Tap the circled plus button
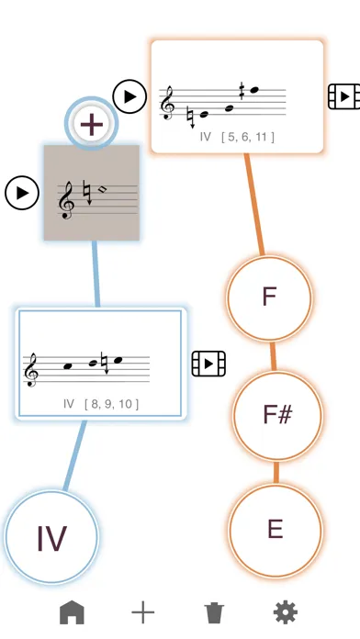[91, 122]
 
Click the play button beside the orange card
[129, 95]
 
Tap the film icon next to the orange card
[342, 95]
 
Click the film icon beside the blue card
[208, 364]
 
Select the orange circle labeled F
[269, 297]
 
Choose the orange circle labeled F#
[276, 413]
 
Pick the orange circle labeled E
[276, 530]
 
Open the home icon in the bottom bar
[73, 612]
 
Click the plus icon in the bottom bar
[142, 612]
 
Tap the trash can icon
[213, 612]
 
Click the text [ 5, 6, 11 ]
[248, 137]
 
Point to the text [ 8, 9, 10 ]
[113, 403]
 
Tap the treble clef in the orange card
[167, 105]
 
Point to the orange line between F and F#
[273, 355]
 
